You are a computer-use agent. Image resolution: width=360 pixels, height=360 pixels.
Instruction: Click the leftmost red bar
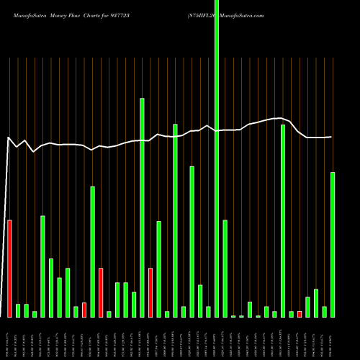(9, 269)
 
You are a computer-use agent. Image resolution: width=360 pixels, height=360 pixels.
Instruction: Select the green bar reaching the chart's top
(217, 158)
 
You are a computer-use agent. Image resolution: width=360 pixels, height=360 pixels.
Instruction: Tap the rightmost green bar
(333, 245)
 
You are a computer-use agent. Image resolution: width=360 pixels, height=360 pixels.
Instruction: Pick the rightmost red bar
(300, 314)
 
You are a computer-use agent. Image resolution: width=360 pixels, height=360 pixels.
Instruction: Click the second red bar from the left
(84, 310)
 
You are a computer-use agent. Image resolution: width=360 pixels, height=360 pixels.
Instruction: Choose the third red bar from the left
(101, 292)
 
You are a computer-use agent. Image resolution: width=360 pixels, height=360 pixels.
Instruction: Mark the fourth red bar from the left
(150, 292)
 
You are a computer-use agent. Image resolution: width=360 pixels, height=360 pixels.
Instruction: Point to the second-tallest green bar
(142, 207)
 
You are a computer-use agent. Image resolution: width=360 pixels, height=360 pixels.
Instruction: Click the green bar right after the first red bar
(18, 310)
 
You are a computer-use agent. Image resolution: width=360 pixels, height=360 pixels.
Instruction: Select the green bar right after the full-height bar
(225, 269)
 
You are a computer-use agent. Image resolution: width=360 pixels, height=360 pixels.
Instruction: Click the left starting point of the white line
(8, 137)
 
